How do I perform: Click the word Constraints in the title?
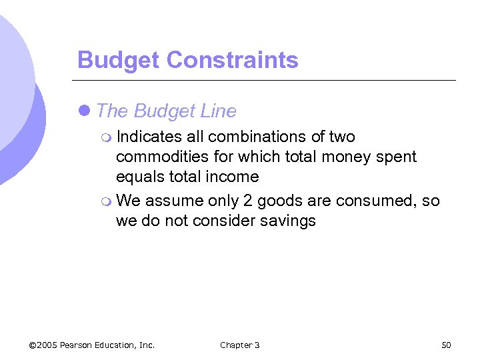(232, 60)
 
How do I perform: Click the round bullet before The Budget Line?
(85, 111)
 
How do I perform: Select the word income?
(233, 177)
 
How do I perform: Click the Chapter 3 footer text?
(239, 345)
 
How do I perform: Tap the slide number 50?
(446, 345)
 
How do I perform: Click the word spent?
(395, 157)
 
